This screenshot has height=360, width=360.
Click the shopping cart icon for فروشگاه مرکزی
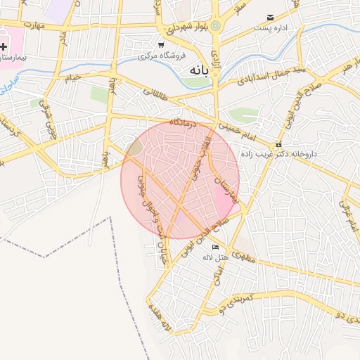[x=161, y=45]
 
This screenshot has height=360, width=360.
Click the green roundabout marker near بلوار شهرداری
[x=216, y=27]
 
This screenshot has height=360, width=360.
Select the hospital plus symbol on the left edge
[x=4, y=46]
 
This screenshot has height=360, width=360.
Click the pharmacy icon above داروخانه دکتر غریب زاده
[x=278, y=144]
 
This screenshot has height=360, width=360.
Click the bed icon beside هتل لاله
[x=215, y=247]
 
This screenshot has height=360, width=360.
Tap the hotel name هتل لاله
[x=212, y=257]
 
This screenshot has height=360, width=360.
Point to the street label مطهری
[x=243, y=257]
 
